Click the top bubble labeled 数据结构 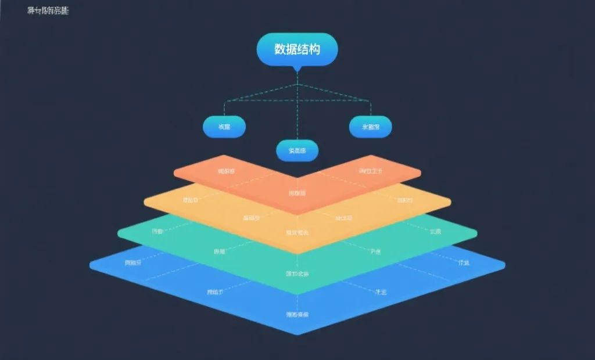coord(297,49)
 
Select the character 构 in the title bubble coord(314,49)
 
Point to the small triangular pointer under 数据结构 coord(297,68)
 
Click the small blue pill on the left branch coord(224,127)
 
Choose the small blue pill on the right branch coord(370,127)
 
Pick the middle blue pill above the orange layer coord(297,150)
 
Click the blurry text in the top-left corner coord(48,10)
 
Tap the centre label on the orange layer coord(297,193)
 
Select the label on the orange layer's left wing coord(226,171)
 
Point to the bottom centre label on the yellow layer coord(297,233)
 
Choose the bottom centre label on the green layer coord(297,273)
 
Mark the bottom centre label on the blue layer coord(297,315)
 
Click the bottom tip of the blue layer coord(297,333)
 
